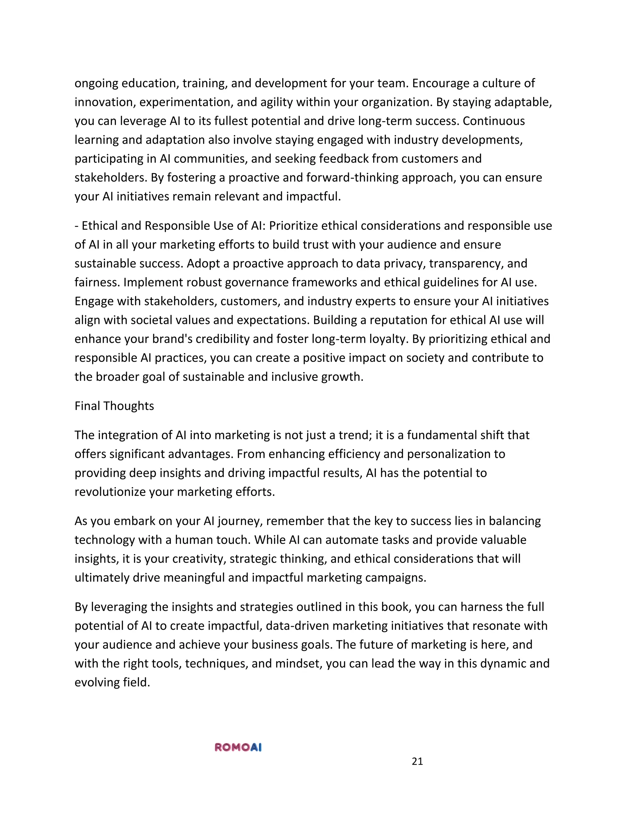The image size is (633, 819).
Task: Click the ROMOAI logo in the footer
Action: point(238,747)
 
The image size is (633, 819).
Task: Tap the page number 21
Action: point(417,761)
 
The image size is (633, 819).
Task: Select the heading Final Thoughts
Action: point(114,406)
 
